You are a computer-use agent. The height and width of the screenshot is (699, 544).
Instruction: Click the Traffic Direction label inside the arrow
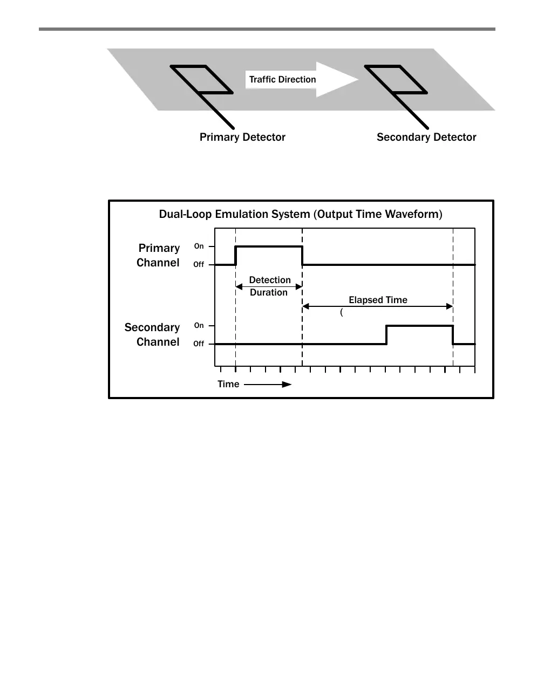pos(282,80)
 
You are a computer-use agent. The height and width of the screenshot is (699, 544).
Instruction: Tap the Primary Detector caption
pos(242,138)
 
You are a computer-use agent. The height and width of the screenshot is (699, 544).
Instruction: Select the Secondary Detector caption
pos(426,138)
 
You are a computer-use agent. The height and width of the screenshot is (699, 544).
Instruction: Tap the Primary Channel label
pos(158,255)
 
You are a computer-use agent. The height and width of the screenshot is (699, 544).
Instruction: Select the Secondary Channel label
pos(152,334)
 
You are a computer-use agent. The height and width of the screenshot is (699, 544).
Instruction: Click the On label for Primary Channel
pos(199,246)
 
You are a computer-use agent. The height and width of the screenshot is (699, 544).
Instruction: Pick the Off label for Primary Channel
pos(199,265)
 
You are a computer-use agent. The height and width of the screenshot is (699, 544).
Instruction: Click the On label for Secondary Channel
pos(199,326)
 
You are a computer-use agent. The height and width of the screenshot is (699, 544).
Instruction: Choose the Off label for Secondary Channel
pos(199,344)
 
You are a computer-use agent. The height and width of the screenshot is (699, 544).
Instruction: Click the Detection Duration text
pos(269,286)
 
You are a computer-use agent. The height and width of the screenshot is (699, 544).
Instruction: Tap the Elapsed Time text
pos(378,300)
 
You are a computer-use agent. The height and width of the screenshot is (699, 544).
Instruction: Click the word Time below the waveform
pos(228,384)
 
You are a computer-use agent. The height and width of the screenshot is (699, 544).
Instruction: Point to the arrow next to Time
pos(268,385)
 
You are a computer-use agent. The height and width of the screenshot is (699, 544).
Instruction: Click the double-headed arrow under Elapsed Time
pos(377,306)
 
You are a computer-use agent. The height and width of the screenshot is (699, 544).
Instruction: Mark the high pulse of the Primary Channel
pos(269,247)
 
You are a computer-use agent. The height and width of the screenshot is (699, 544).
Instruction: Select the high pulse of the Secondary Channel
pos(420,326)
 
